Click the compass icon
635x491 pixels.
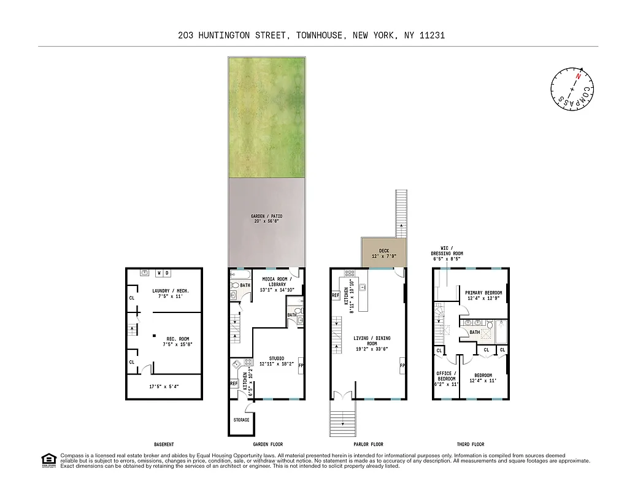(x=572, y=89)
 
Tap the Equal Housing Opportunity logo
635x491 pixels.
(x=47, y=460)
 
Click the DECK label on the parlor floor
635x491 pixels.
(x=383, y=250)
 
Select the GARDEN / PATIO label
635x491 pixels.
(x=267, y=217)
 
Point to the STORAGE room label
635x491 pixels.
(x=242, y=420)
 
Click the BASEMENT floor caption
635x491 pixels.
(x=164, y=444)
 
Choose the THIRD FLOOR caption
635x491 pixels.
(x=471, y=444)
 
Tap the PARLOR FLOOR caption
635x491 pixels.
(x=369, y=444)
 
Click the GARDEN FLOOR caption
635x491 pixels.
(x=267, y=444)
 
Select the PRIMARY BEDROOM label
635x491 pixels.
(x=483, y=293)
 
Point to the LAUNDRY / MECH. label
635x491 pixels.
(x=171, y=291)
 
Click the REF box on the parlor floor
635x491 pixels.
(x=336, y=295)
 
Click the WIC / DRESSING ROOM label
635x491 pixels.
(x=447, y=250)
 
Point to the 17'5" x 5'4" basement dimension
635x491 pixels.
(x=163, y=387)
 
